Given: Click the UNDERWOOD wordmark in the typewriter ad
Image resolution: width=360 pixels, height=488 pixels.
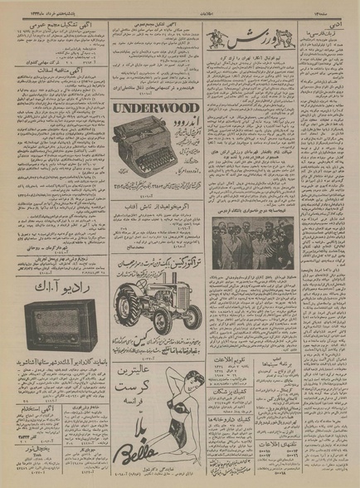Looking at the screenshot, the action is pyautogui.click(x=157, y=108).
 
